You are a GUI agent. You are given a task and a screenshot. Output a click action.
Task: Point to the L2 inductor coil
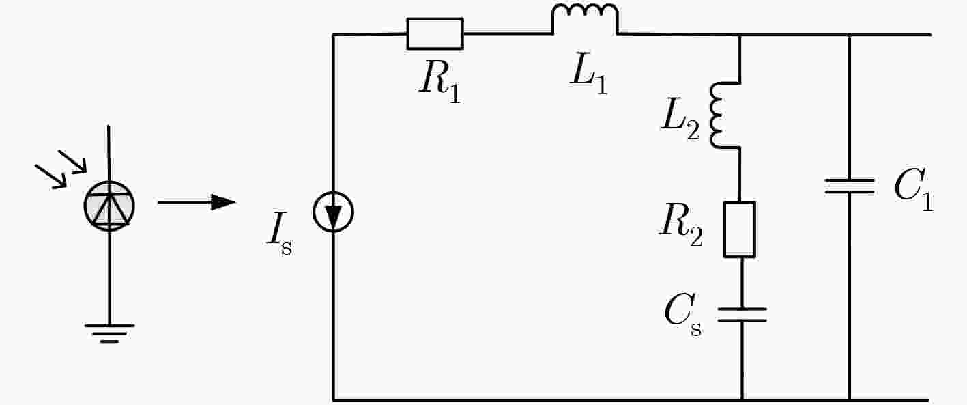tap(712, 115)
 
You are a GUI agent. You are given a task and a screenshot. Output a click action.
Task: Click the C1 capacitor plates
tap(849, 186)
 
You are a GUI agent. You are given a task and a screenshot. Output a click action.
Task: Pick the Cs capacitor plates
tap(742, 315)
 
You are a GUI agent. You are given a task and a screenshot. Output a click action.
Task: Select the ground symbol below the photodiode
tap(109, 333)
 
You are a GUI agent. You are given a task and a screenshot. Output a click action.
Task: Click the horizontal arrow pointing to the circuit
tap(197, 202)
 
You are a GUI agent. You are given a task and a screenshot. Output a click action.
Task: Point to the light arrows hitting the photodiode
tap(61, 169)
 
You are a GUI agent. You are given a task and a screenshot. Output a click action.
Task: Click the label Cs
tap(683, 316)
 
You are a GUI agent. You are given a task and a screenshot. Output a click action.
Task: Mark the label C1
tap(914, 189)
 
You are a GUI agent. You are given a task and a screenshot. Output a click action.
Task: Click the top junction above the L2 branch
tap(740, 35)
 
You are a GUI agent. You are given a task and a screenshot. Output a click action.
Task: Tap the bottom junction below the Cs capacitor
tap(742, 400)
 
